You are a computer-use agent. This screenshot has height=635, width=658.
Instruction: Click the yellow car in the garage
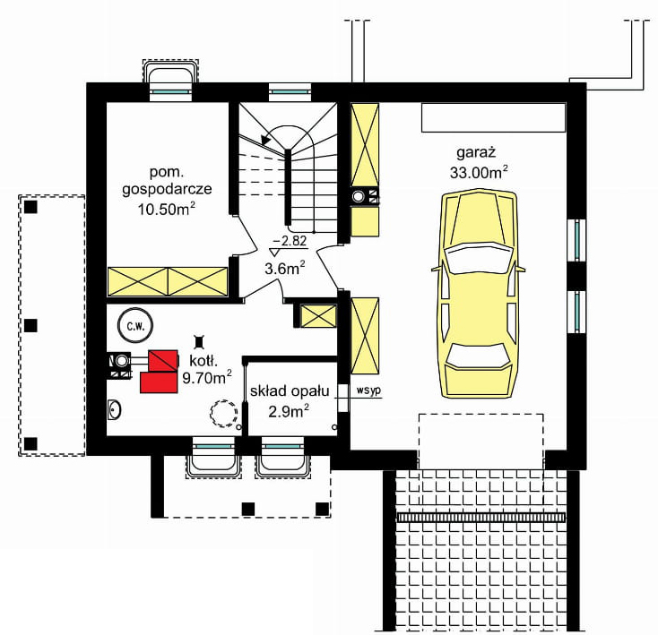pos(479,294)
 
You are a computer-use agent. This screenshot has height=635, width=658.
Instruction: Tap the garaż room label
pos(476,152)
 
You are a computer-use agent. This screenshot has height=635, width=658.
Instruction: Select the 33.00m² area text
pos(479,172)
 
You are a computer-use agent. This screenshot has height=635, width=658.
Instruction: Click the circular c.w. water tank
pos(135,326)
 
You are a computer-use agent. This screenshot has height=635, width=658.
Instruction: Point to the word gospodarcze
pos(167,190)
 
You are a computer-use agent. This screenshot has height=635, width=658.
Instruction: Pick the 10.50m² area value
pos(167,209)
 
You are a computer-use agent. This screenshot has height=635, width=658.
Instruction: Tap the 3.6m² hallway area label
pos(284,268)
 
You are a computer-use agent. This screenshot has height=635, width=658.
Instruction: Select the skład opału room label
pos(290,391)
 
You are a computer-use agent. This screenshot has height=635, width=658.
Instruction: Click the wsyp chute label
pos(368,390)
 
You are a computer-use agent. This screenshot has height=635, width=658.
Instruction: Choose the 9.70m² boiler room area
pos(207,378)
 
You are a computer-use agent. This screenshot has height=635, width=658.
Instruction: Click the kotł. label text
pos(203,360)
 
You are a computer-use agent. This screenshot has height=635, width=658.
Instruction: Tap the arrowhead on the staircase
pos(265,140)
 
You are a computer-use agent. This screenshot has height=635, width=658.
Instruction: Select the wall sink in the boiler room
pos(114,409)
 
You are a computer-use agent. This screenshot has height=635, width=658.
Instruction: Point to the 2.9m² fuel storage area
pos(289,411)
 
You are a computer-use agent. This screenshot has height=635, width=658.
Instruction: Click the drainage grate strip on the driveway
pos(481,517)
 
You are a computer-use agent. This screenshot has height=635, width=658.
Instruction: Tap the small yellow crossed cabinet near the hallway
pos(319,316)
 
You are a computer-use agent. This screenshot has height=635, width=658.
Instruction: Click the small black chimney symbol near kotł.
pos(198,342)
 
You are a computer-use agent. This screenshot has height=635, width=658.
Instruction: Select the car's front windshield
pos(480,257)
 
